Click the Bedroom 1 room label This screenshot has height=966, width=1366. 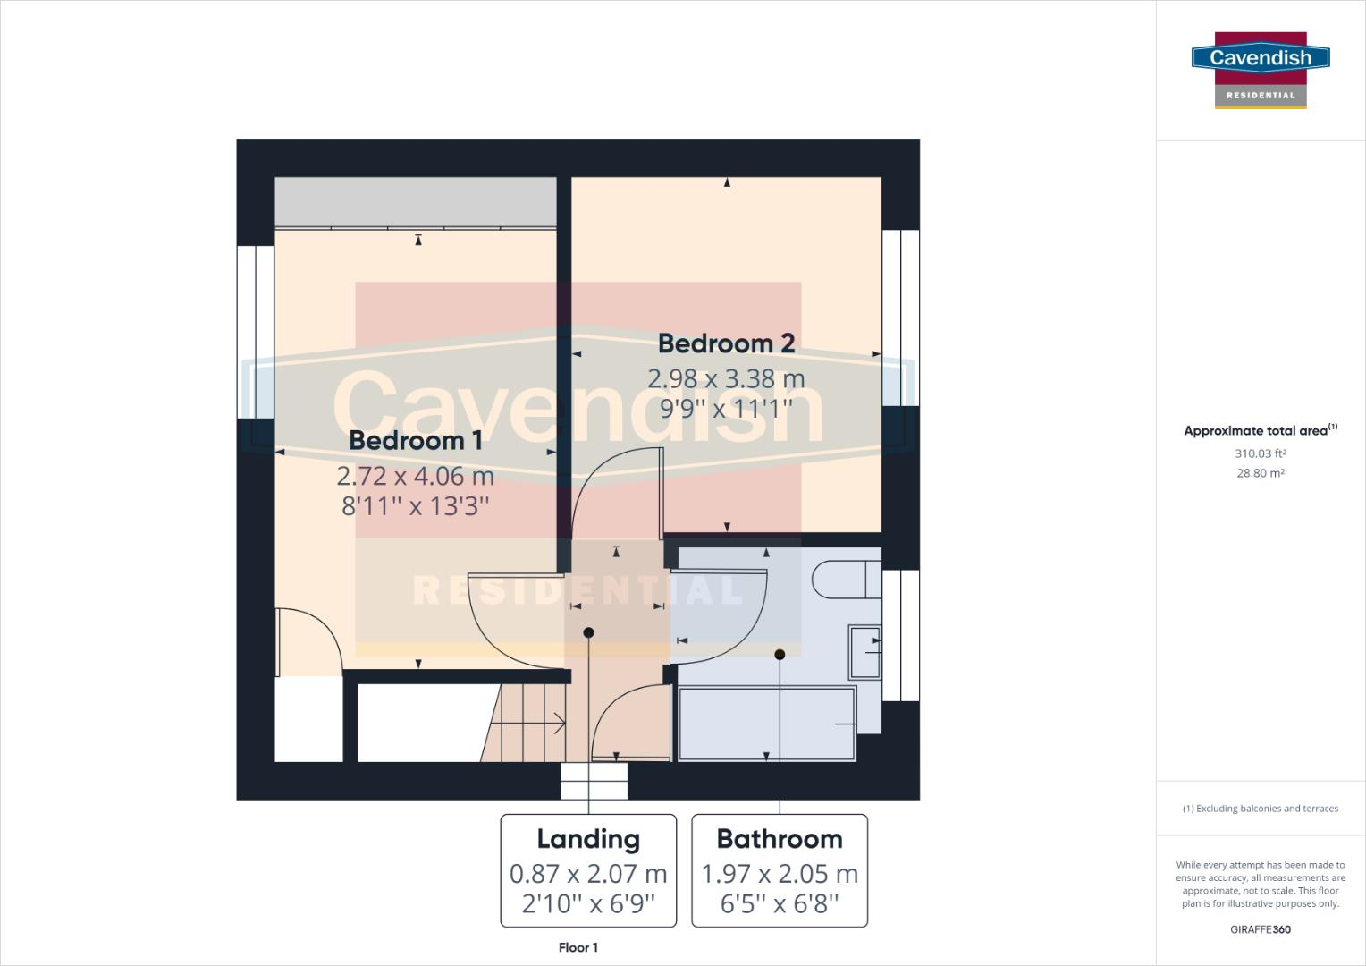click(x=415, y=440)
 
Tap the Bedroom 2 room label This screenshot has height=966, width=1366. click(x=726, y=343)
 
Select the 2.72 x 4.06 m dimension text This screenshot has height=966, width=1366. click(x=415, y=475)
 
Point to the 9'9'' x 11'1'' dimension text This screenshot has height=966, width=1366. click(x=726, y=409)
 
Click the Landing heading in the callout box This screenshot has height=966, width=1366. click(x=588, y=839)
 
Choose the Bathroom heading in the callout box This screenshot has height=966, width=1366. click(x=780, y=839)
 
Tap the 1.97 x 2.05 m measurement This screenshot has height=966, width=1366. click(x=780, y=874)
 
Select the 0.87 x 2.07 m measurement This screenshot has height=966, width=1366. click(x=588, y=874)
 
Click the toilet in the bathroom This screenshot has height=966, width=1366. click(x=846, y=579)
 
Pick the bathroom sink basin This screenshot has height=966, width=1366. click(x=864, y=651)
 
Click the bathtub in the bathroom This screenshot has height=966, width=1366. click(x=766, y=723)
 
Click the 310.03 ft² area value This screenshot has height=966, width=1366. click(x=1261, y=453)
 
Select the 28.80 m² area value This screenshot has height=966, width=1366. click(x=1261, y=473)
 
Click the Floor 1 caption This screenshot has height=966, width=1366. click(x=578, y=947)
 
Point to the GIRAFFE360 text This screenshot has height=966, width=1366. click(x=1261, y=929)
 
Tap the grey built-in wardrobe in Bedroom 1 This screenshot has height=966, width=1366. click(x=415, y=202)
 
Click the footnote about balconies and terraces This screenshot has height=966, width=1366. click(x=1261, y=809)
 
